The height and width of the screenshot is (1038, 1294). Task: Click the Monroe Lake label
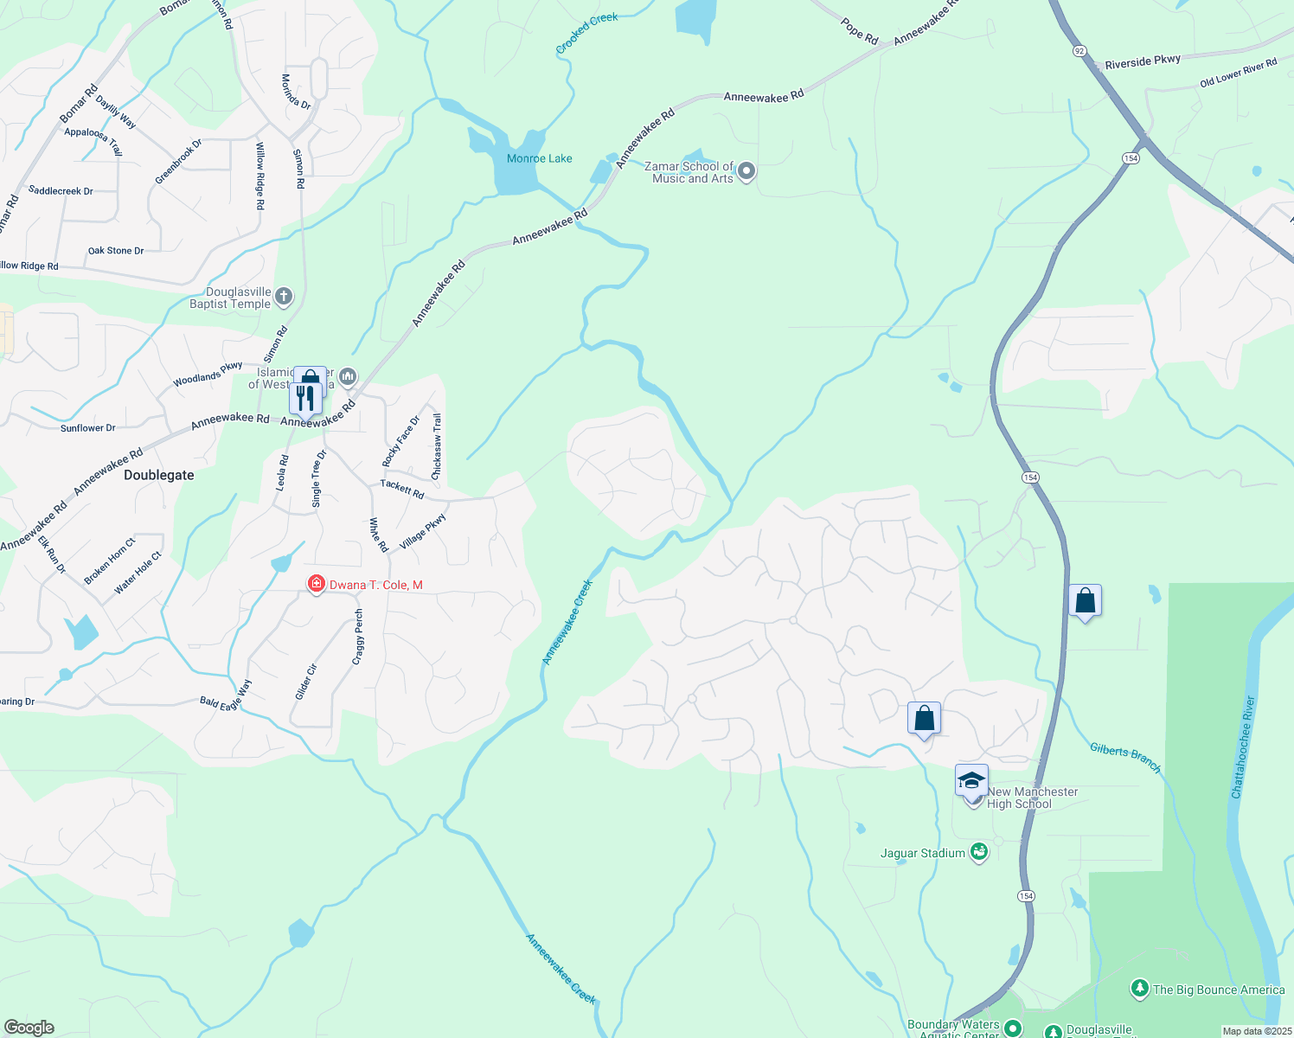tap(539, 158)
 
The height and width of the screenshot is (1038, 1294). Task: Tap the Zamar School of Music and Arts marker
tap(746, 171)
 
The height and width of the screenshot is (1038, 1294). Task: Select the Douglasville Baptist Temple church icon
tap(284, 298)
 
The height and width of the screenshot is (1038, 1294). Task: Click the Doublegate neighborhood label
tap(159, 475)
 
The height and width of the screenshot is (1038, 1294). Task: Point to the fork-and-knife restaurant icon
tap(304, 397)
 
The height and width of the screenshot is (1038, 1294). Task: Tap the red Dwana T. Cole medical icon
tap(317, 585)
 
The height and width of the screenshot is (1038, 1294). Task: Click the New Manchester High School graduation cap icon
tap(971, 780)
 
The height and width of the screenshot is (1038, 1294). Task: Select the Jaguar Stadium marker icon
tap(979, 852)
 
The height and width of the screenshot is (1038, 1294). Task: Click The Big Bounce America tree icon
tap(1140, 988)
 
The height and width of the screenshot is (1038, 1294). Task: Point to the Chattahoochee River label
tap(1242, 747)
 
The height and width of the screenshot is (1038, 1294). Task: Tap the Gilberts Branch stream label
tap(1124, 756)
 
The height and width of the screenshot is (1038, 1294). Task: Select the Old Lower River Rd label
tap(1238, 74)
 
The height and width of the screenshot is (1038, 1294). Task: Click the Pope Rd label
tap(859, 32)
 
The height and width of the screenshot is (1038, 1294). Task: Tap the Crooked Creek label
tap(586, 34)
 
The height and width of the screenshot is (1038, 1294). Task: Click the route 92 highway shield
tap(1079, 51)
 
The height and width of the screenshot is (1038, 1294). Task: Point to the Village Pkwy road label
tap(422, 531)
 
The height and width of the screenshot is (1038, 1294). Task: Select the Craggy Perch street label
tap(359, 638)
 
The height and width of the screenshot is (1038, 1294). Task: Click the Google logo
tap(29, 1027)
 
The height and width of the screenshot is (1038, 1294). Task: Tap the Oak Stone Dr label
tap(116, 251)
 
